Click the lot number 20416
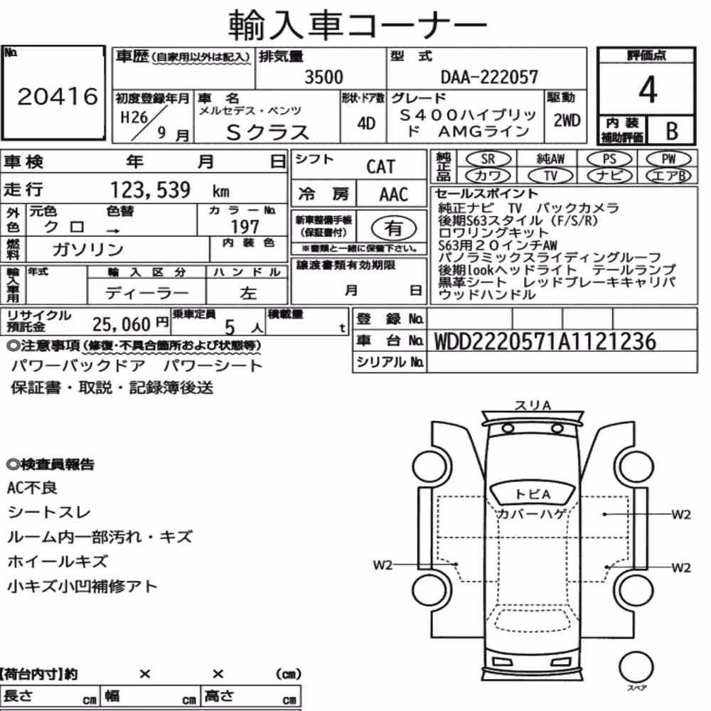(58, 97)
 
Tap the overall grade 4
(648, 90)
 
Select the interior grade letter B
(672, 131)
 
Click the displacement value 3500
(324, 77)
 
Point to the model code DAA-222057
(489, 77)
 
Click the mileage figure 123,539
(151, 190)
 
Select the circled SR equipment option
(488, 159)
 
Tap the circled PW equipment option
(668, 159)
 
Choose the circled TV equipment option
(550, 176)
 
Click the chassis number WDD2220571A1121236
(545, 341)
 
